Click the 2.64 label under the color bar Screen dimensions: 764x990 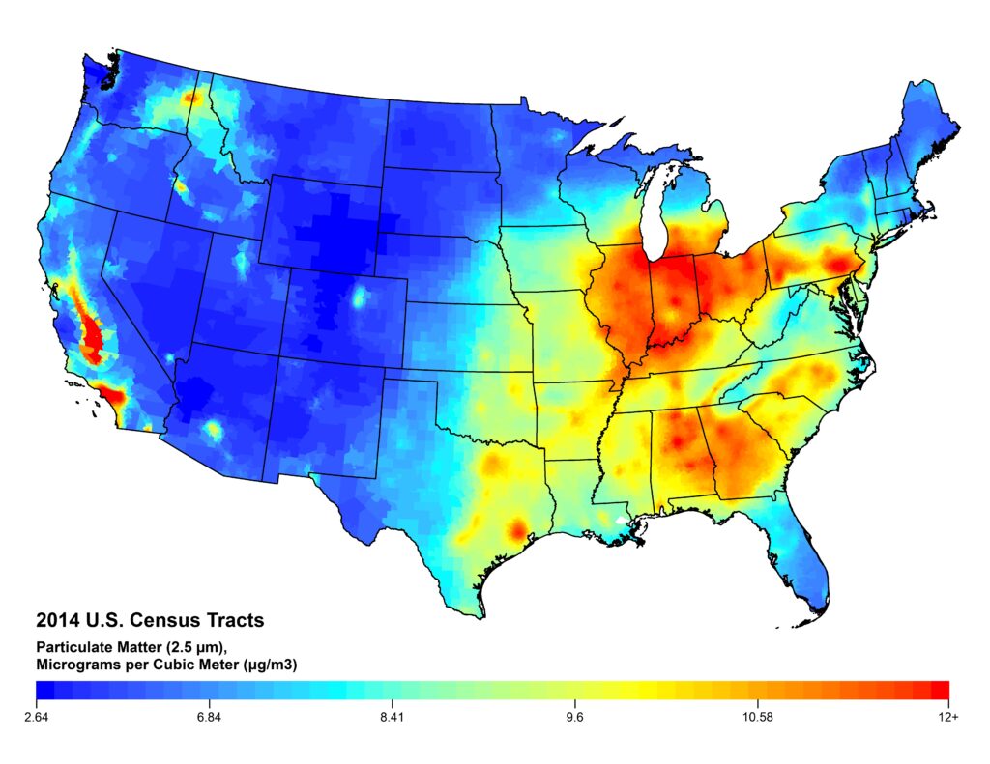(x=36, y=717)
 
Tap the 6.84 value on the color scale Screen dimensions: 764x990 (x=209, y=717)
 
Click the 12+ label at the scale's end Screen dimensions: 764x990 (x=948, y=717)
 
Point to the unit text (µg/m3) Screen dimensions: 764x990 (x=268, y=665)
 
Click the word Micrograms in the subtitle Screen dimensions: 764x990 (x=78, y=665)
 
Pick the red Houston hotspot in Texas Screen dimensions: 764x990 (x=517, y=528)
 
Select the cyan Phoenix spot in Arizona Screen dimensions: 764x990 (x=214, y=429)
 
